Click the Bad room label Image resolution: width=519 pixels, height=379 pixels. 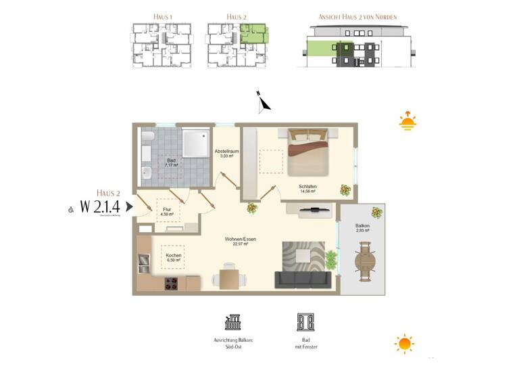coord(171,162)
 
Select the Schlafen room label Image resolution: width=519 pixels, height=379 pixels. coord(307,189)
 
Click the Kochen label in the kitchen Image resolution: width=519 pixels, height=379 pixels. coord(173,258)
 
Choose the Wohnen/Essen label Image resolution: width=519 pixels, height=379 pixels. coord(241,241)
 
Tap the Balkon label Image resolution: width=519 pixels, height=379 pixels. coord(364,229)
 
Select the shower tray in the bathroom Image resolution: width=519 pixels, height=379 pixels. coord(195,141)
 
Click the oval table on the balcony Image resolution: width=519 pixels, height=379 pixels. coord(366,262)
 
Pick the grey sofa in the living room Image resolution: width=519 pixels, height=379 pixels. coord(302,278)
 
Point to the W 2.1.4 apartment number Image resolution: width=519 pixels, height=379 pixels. coord(101,206)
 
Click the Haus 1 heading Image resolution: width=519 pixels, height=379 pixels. coord(162,16)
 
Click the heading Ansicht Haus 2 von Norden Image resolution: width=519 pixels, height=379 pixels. coord(357,16)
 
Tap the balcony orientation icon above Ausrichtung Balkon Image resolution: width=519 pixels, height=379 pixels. coord(233,321)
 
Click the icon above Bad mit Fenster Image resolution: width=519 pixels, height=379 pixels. coord(305,321)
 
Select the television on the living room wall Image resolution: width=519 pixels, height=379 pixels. coord(314,211)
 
